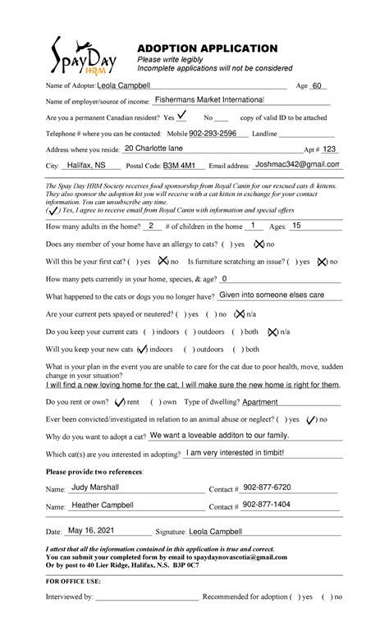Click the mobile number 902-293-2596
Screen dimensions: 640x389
[213, 133]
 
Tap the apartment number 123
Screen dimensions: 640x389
[328, 149]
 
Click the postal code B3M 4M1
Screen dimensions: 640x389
[179, 165]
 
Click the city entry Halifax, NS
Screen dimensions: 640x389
[86, 165]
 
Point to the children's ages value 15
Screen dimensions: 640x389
[296, 225]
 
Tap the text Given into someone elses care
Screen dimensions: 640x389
[272, 294]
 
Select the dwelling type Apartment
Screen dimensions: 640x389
[260, 402]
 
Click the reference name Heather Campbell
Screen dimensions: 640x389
[102, 505]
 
